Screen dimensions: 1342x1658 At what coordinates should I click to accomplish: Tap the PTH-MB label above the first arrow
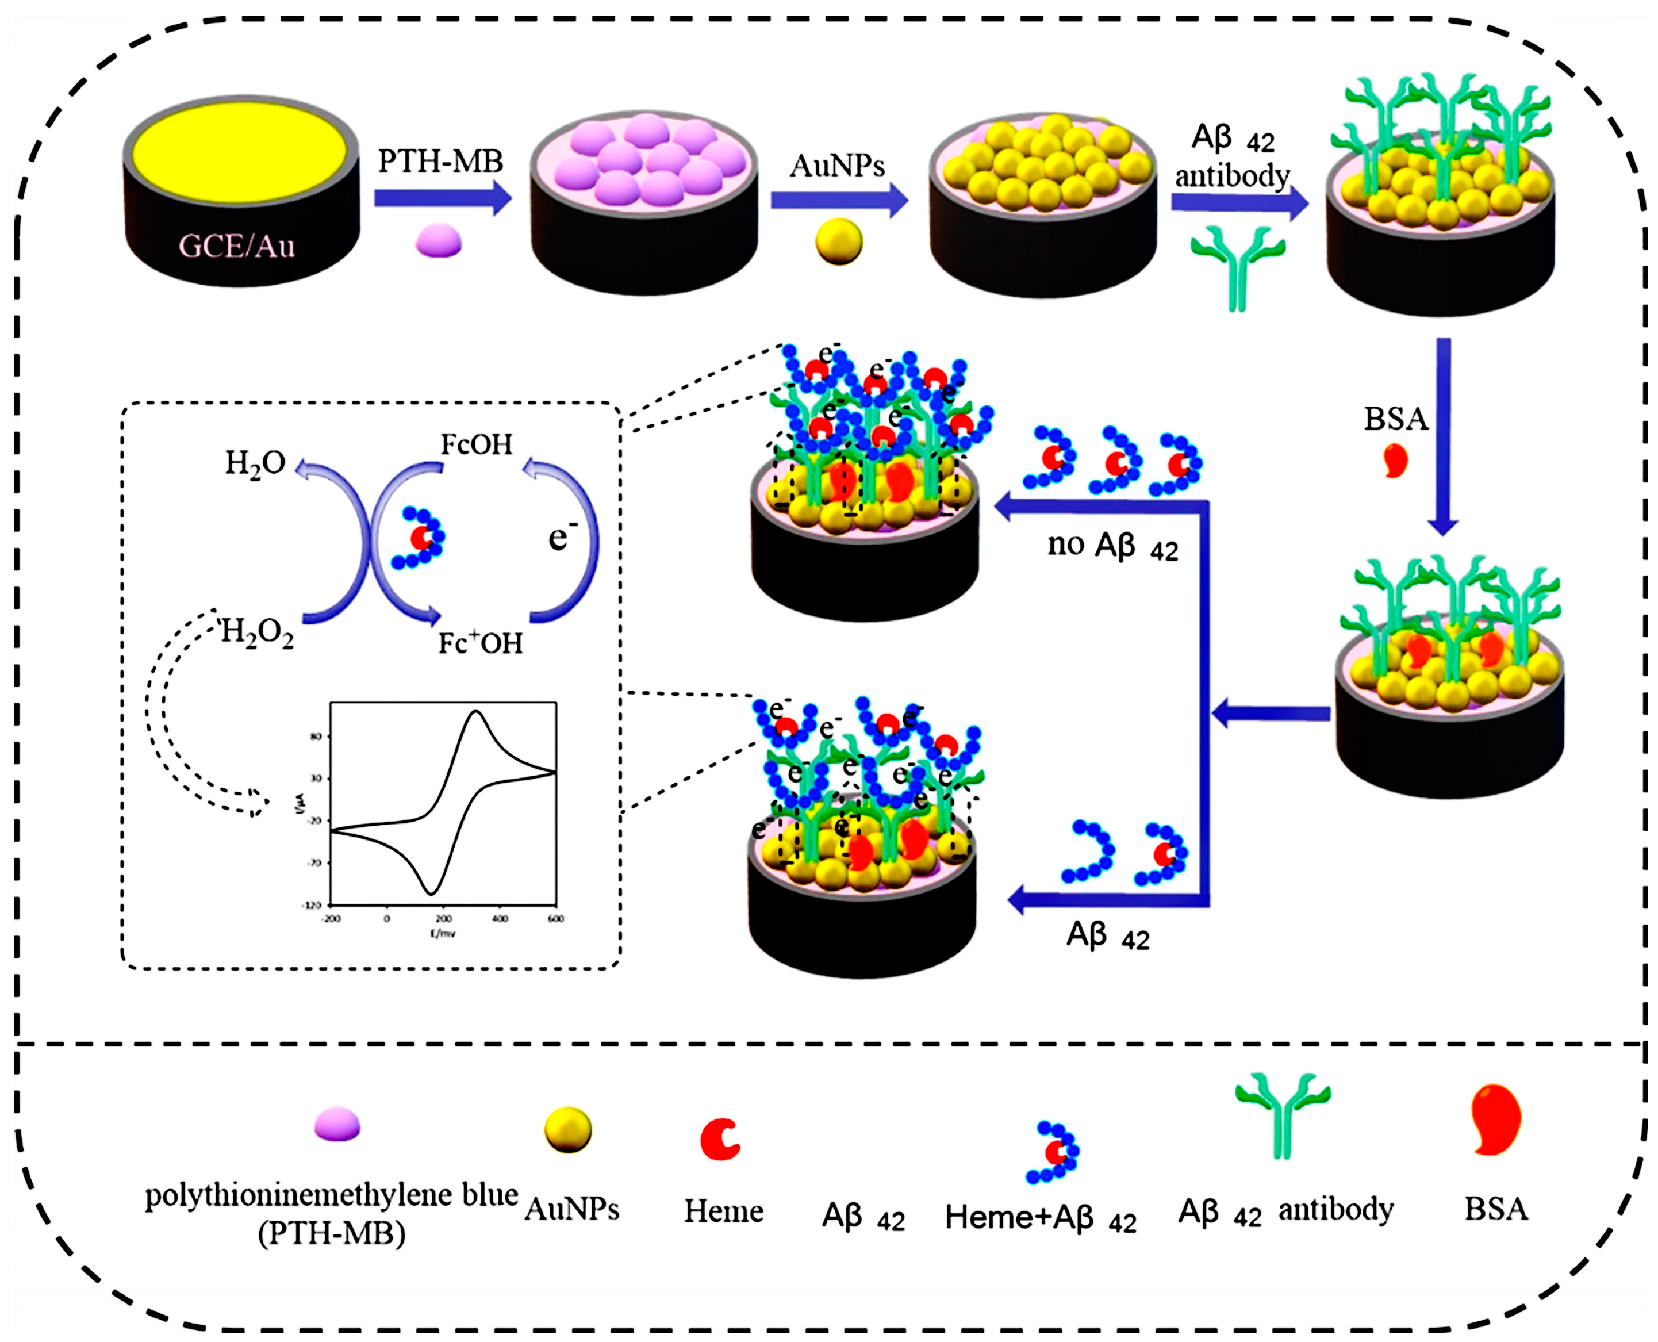(x=440, y=162)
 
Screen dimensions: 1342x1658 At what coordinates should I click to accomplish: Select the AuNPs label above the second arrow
(x=836, y=166)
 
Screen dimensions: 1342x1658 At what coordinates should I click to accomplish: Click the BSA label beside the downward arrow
(x=1395, y=419)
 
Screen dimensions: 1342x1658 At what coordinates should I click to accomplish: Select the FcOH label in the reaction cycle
(x=476, y=444)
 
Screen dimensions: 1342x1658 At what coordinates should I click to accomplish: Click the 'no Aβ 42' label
(x=1112, y=546)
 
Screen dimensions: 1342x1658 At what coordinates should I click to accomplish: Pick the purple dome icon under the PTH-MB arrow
(x=438, y=240)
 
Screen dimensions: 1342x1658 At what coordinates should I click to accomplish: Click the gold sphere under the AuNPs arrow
(x=839, y=241)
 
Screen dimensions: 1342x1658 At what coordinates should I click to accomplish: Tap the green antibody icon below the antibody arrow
(x=1238, y=267)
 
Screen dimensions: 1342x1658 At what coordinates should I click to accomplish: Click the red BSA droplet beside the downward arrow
(x=1395, y=461)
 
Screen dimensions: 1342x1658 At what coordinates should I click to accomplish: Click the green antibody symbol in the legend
(x=1283, y=1113)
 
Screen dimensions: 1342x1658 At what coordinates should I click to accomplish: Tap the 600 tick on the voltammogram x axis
(x=555, y=918)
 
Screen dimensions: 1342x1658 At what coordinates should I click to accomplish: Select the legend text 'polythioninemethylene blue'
(x=331, y=1195)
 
